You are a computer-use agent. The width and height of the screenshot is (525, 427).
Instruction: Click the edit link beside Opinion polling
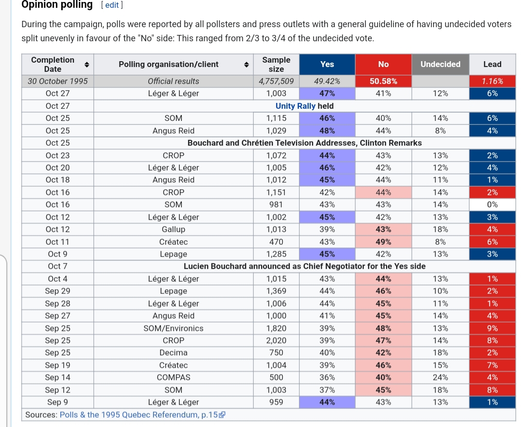point(112,5)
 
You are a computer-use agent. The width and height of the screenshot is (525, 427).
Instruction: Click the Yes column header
point(327,64)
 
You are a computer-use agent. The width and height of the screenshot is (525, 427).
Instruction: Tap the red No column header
point(383,64)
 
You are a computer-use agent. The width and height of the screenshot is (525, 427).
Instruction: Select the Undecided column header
point(440,64)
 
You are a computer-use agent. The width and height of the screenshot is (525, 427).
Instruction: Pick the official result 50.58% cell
point(383,81)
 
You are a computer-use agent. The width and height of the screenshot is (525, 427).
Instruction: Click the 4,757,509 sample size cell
point(276,81)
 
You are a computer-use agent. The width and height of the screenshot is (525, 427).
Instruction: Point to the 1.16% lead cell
point(492,81)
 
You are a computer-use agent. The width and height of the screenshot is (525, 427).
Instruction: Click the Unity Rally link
point(296,106)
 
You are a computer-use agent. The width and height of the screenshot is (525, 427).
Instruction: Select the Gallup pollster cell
point(174,229)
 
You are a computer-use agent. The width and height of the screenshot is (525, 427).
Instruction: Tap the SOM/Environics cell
point(174,328)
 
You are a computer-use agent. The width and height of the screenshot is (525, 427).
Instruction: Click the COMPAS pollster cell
point(174,377)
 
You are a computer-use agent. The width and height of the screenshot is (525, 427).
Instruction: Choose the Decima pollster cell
point(174,353)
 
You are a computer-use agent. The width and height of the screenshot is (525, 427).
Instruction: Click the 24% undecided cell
point(440,377)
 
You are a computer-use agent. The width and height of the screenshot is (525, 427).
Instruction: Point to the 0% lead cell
point(492,205)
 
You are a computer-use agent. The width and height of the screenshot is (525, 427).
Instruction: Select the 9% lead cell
point(492,328)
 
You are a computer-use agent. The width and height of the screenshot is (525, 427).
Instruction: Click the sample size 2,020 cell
point(276,341)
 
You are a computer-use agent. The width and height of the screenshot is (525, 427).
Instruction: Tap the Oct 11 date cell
point(58,242)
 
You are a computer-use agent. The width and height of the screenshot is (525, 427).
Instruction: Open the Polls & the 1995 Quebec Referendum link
point(139,415)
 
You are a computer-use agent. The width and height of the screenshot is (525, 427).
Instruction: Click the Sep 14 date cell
point(58,377)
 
